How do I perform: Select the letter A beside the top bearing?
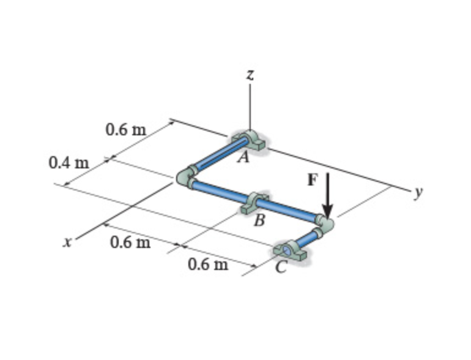(243, 158)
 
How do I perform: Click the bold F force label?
(313, 179)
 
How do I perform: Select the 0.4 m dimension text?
(69, 163)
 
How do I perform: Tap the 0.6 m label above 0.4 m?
(126, 130)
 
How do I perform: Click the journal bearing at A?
(249, 141)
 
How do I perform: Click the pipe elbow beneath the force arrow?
(325, 223)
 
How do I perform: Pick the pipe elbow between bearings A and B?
(185, 178)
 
